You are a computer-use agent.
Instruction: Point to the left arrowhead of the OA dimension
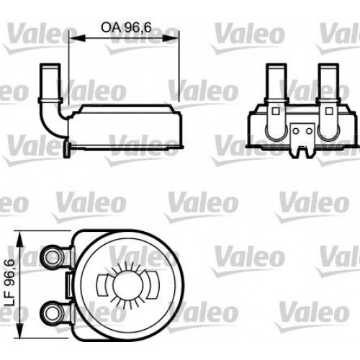72,39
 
